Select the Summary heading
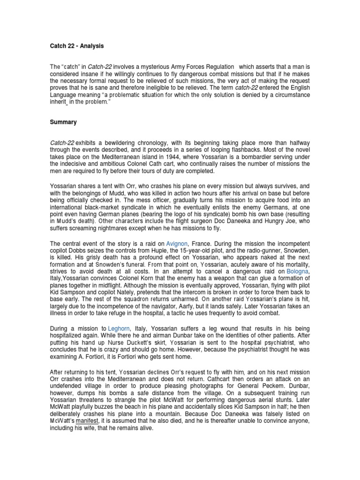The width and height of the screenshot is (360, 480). click(63, 122)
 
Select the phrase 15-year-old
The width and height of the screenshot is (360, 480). click(180, 251)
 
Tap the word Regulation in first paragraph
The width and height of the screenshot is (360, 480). click(213, 67)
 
